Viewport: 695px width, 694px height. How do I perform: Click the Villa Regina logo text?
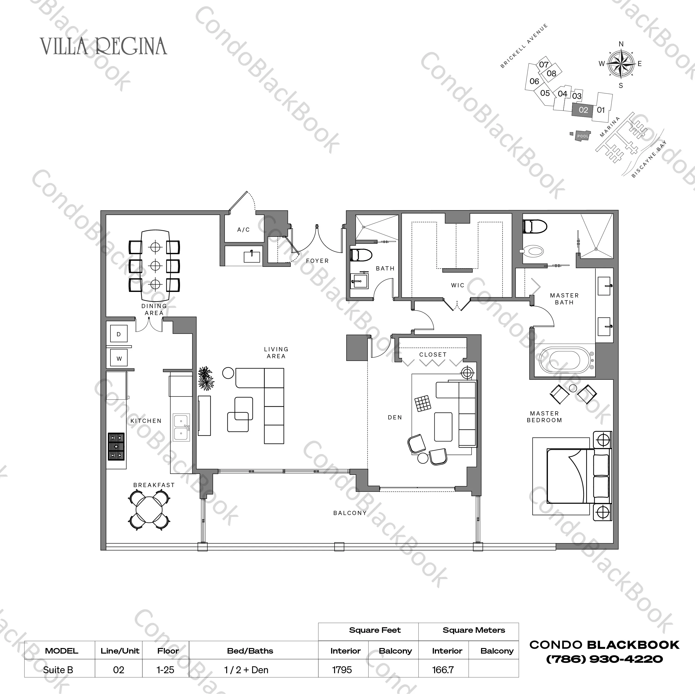[x=104, y=46]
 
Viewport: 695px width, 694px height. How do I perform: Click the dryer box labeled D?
[x=119, y=334]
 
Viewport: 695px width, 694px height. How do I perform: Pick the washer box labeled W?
[x=119, y=358]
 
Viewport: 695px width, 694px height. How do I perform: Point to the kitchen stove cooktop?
[x=116, y=446]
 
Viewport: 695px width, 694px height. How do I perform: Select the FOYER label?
[x=317, y=261]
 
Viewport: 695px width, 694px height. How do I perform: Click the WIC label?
[x=457, y=285]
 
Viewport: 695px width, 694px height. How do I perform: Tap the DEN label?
[x=395, y=417]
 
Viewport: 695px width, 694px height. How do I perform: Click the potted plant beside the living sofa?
[x=206, y=378]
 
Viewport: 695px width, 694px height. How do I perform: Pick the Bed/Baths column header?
[x=250, y=651]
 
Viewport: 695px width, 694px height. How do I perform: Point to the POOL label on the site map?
[x=582, y=136]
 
